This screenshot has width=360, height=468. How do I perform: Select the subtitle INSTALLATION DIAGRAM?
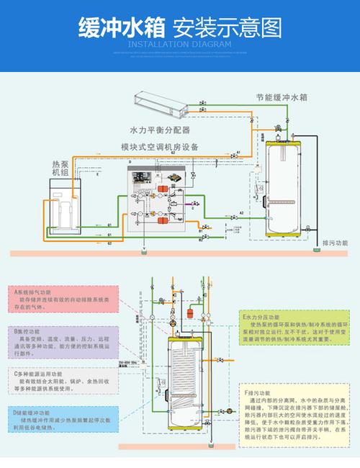[179, 45]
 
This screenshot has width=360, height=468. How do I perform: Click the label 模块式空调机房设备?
[159, 147]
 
